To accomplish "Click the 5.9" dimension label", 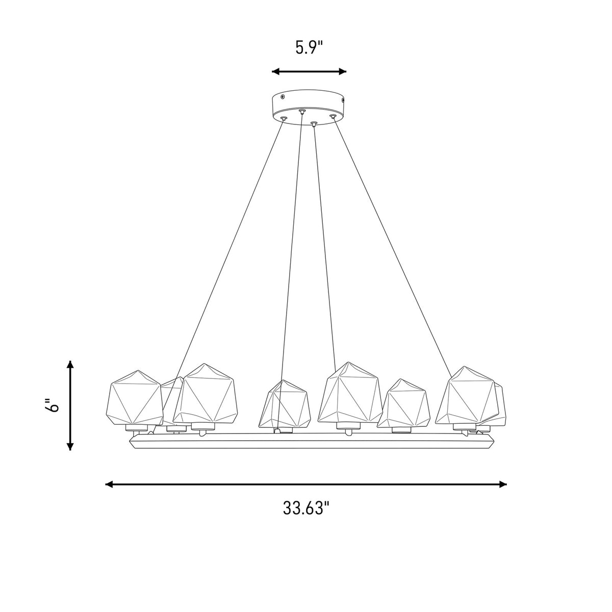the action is (309, 47).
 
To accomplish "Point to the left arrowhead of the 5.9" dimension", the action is (275, 71).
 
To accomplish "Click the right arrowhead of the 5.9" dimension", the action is (342, 71).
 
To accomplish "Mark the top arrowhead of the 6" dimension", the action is (70, 364).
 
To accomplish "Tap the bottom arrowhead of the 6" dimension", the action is (70, 446).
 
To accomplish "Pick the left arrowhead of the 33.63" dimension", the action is (109, 484).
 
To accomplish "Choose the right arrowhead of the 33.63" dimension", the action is (503, 484).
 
